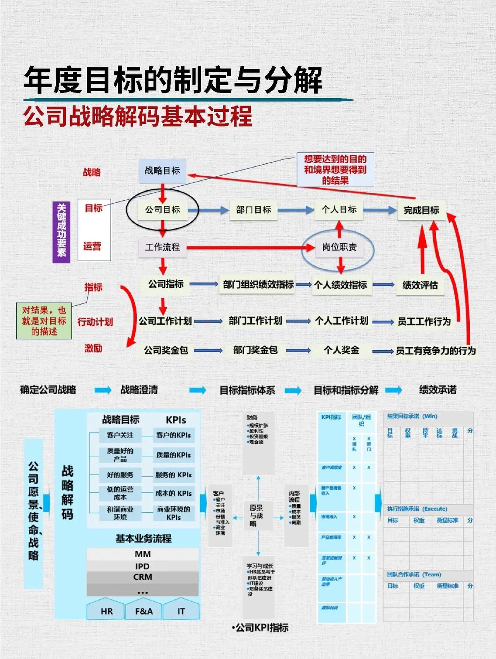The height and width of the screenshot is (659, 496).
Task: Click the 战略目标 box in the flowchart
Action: (162, 171)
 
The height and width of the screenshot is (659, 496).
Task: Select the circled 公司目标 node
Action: (162, 210)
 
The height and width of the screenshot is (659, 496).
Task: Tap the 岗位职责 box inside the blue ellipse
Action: (339, 247)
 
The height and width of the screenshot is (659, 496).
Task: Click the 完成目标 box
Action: (421, 210)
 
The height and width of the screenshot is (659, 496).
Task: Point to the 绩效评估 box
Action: (420, 285)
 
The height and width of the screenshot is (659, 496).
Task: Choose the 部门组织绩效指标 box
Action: (258, 285)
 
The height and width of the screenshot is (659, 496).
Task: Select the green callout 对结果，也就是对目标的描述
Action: (44, 321)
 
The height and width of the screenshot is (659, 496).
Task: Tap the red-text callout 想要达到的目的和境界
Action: (335, 169)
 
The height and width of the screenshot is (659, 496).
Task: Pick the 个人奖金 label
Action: (341, 350)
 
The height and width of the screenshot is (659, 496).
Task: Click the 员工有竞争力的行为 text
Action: (436, 351)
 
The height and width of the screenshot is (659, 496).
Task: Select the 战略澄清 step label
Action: (139, 390)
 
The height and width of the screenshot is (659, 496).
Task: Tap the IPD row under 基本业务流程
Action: (143, 566)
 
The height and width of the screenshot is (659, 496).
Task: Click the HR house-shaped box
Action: (107, 610)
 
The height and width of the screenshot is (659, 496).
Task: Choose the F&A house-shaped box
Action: (144, 610)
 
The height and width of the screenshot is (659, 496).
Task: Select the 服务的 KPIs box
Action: (173, 474)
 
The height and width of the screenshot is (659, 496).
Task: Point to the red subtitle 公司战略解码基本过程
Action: (138, 116)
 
